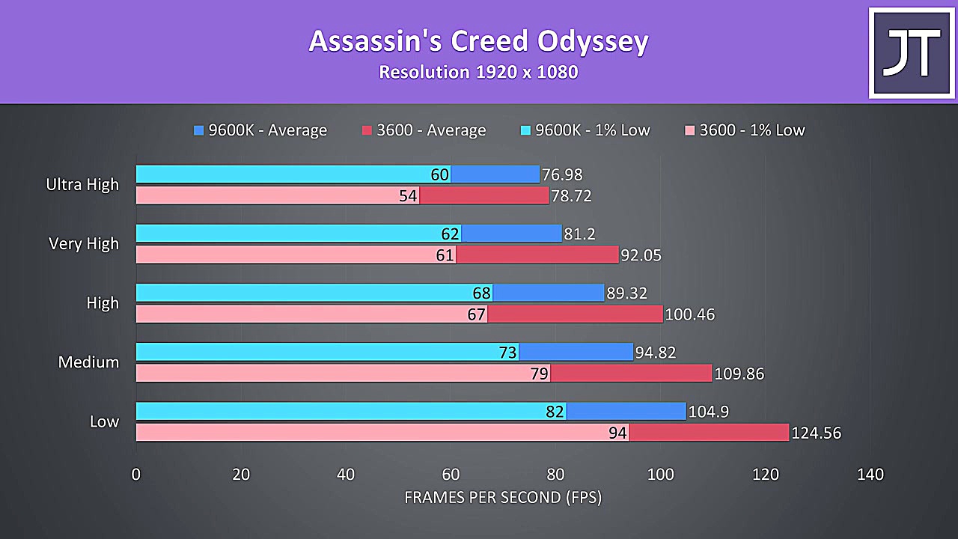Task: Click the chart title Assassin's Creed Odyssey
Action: [478, 41]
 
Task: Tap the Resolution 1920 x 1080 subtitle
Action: [478, 73]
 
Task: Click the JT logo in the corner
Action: [911, 52]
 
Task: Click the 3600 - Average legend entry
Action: [424, 130]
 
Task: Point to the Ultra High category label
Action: [82, 184]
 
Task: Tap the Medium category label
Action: [88, 362]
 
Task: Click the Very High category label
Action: [84, 243]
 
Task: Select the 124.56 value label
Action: [817, 433]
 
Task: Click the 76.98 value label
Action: [562, 175]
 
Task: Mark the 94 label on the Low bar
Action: [617, 433]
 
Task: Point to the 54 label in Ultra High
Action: [408, 196]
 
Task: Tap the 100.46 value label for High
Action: [690, 314]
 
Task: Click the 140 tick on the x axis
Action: [870, 474]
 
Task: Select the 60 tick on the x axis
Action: [451, 474]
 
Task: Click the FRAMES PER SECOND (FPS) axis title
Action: [502, 497]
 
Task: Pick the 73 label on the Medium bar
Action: [507, 353]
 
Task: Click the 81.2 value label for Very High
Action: [580, 234]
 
